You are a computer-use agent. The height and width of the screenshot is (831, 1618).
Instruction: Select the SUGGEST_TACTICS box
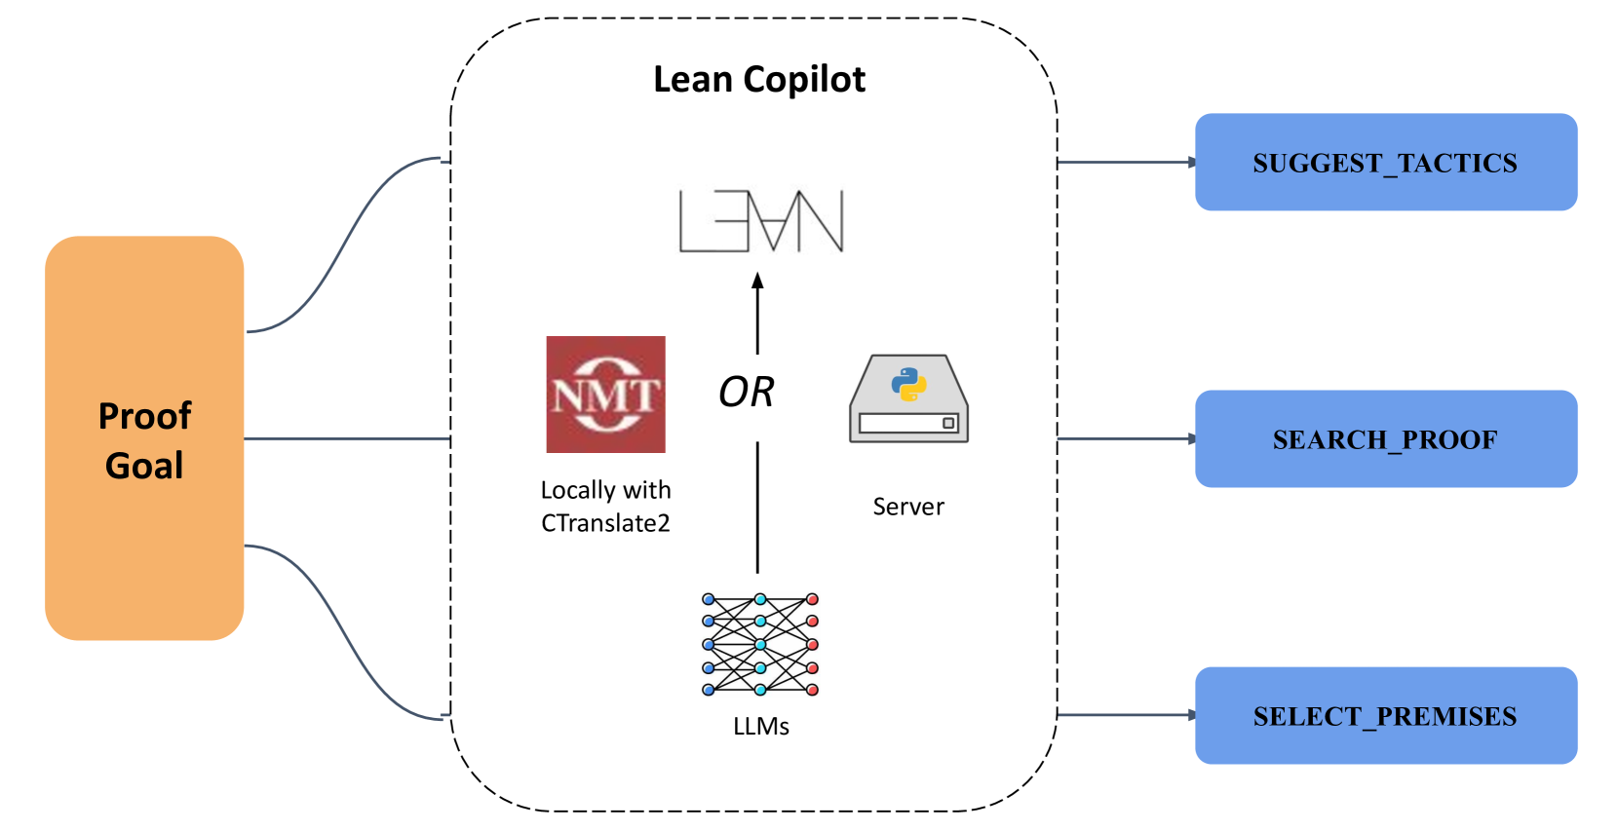point(1385,162)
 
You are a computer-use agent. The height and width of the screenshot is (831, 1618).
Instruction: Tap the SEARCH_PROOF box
point(1385,438)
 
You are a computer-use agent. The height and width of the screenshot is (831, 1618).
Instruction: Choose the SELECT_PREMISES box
point(1385,715)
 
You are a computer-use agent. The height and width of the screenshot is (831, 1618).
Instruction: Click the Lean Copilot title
point(759,79)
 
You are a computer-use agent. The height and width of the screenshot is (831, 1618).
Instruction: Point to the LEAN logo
point(761,221)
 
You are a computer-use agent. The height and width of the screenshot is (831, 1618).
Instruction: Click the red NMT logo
point(605,395)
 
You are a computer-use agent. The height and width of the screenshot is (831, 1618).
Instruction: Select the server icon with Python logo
point(908,399)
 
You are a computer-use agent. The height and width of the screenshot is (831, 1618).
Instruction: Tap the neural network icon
point(760,644)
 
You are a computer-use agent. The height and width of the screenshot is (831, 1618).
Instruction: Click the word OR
point(746,392)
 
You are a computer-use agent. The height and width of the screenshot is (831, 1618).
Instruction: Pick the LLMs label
point(761,727)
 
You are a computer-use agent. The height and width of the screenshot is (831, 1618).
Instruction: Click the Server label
point(908,507)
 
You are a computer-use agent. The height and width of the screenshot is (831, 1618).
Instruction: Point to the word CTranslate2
point(605,523)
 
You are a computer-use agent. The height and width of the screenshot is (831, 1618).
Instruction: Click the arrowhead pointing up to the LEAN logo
point(757,281)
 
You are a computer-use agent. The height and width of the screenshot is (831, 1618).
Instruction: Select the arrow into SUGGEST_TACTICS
point(1126,162)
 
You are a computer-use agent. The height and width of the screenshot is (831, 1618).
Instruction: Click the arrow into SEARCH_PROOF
point(1126,438)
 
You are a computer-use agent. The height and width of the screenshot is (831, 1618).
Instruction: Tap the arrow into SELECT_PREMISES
point(1126,715)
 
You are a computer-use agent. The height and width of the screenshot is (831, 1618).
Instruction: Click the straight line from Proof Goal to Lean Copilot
point(347,438)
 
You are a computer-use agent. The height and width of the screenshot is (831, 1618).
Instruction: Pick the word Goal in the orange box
point(144,466)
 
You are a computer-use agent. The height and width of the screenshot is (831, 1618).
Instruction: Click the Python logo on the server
point(908,384)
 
